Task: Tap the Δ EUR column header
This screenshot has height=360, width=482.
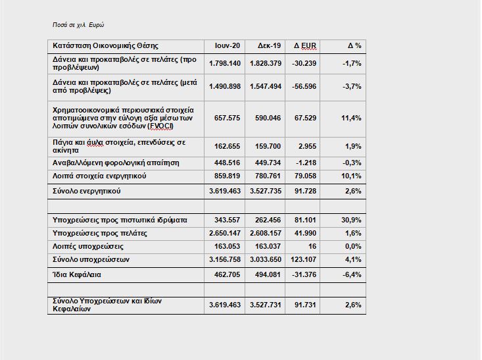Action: tap(305, 45)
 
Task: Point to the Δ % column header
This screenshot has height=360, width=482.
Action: tap(354, 45)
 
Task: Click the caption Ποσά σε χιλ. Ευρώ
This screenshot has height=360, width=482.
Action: tap(78, 25)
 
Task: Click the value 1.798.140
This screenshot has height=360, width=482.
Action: tap(225, 63)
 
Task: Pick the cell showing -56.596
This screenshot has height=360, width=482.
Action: tap(305, 86)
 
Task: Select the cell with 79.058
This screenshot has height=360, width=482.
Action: tap(305, 176)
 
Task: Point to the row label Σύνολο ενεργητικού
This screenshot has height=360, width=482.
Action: tap(86, 191)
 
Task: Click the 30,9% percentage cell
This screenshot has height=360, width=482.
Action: tap(352, 220)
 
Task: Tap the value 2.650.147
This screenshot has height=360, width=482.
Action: tap(225, 233)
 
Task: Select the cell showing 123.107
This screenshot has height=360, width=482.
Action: tap(305, 260)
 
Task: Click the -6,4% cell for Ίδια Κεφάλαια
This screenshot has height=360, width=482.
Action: tap(352, 274)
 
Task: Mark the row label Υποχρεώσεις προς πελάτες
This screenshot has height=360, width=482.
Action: tap(99, 233)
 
